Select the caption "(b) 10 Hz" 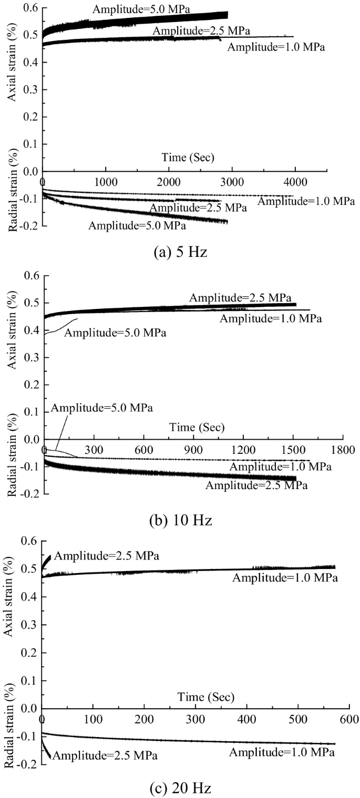point(180,520)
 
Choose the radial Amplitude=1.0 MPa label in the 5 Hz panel point(306,201)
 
